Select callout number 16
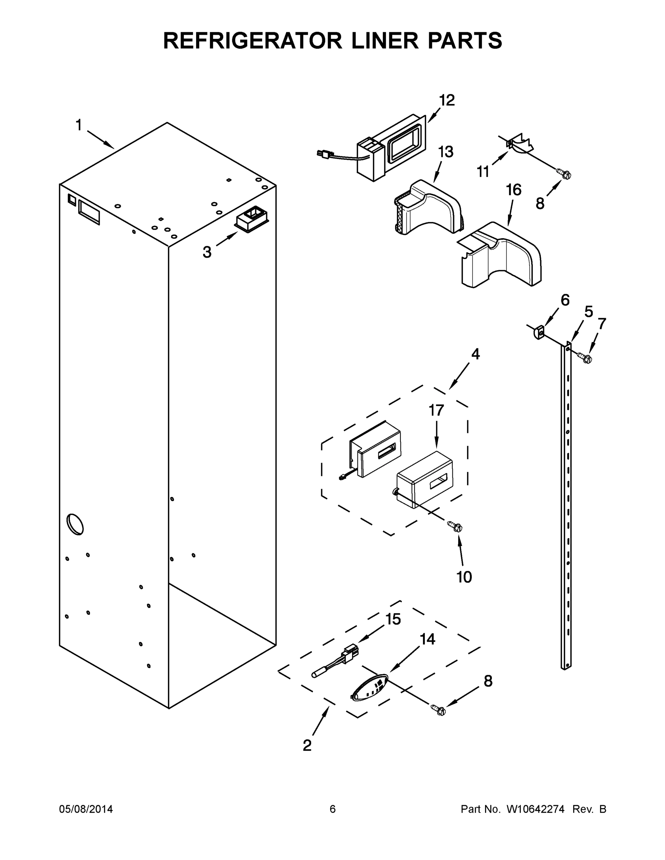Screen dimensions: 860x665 (514, 190)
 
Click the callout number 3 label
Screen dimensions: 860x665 (207, 252)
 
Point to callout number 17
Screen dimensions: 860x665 (436, 410)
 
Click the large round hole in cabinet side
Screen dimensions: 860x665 (75, 524)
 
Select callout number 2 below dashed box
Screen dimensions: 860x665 (307, 745)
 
